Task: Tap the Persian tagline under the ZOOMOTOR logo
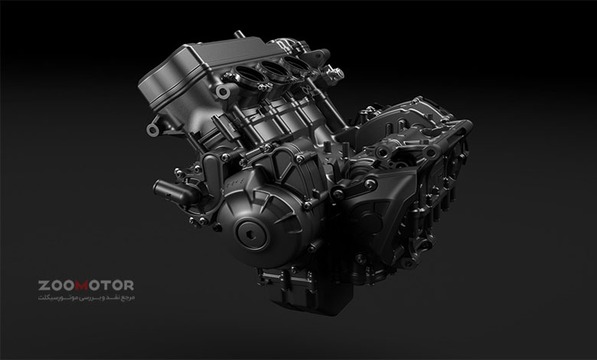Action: point(86,297)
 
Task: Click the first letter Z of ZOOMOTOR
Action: point(43,286)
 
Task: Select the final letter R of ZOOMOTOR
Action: point(129,286)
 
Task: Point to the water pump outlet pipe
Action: point(172,191)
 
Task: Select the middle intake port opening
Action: point(275,67)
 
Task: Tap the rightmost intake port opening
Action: point(297,63)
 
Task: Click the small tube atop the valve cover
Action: point(239,34)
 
